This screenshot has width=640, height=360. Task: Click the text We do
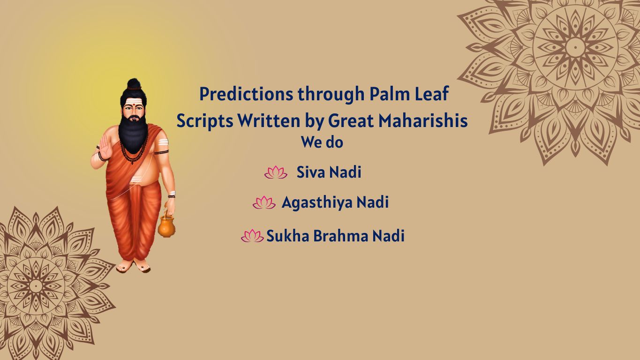pyautogui.click(x=322, y=142)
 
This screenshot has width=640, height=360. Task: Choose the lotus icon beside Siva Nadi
pyautogui.click(x=276, y=172)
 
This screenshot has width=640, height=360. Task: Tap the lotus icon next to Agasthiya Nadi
pyautogui.click(x=264, y=202)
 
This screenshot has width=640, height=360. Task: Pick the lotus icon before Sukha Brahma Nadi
pyautogui.click(x=252, y=236)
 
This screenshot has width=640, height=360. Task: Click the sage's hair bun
pyautogui.click(x=134, y=84)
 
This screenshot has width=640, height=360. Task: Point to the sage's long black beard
pyautogui.click(x=133, y=134)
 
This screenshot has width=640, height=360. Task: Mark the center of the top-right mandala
pyautogui.click(x=575, y=47)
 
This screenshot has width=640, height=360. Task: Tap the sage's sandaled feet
pyautogui.click(x=134, y=266)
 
